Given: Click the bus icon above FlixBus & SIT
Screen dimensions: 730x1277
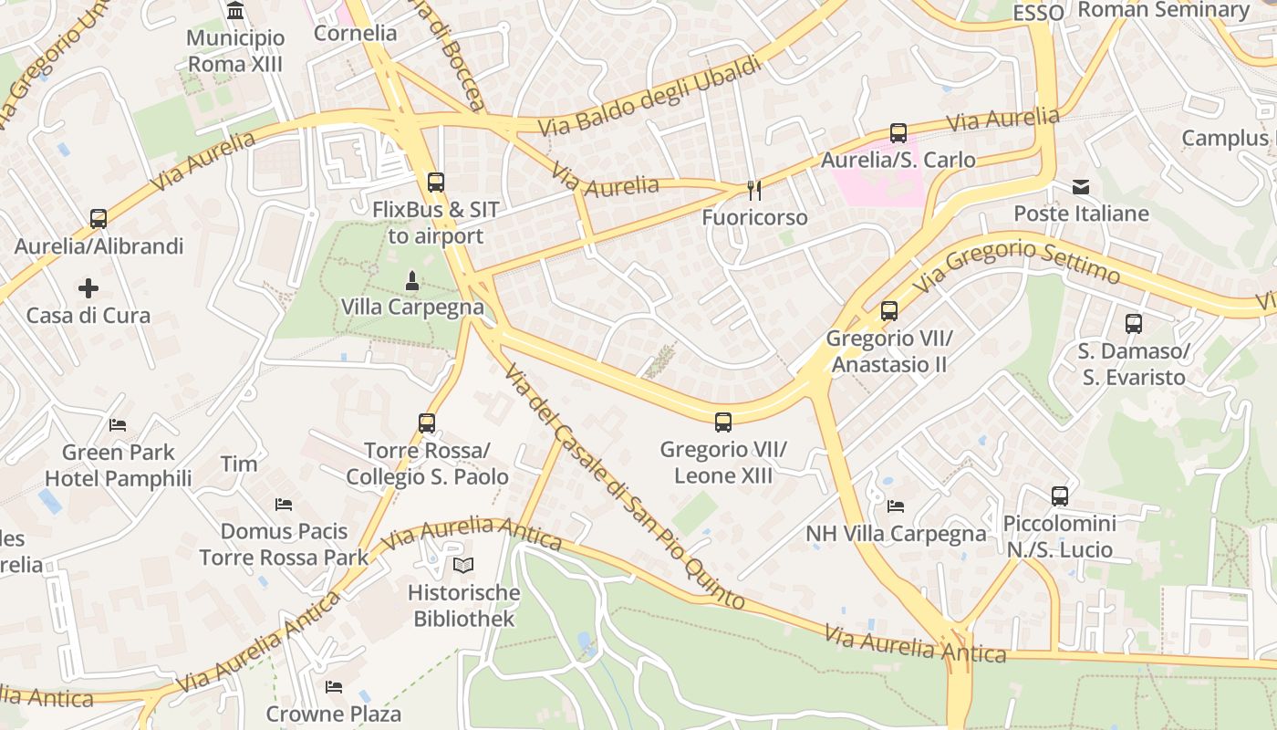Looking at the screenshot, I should point(436,182).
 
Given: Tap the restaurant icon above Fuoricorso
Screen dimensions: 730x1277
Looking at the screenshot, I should point(753,190).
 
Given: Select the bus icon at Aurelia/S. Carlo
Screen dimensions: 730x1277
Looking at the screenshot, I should point(898,132).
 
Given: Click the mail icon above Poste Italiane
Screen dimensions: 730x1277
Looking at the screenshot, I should point(1081,187).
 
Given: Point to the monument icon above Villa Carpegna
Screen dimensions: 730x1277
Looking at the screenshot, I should point(412,280).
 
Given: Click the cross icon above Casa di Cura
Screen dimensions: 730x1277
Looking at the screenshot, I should point(88,289).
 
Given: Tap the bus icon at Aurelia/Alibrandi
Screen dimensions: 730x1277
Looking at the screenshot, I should point(98,219).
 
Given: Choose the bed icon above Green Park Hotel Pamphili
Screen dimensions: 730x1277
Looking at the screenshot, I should point(118,425).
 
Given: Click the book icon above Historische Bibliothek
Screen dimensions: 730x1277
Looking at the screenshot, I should point(463,566).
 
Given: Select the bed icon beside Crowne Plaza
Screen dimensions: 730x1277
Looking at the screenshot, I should point(334,686).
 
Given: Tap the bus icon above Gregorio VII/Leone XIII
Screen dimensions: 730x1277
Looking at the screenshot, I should point(723,422).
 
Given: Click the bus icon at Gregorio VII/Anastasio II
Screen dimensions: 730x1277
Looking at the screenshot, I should point(889,311).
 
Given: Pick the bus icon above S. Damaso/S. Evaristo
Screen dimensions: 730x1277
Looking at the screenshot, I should point(1133,324).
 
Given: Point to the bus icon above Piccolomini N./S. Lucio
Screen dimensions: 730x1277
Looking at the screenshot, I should point(1059,496).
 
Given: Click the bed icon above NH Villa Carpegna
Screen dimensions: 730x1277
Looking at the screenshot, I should point(896,506).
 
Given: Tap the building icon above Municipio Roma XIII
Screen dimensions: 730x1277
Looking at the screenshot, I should point(235,12).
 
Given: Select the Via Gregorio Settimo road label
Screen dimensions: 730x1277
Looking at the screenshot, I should point(1016,262).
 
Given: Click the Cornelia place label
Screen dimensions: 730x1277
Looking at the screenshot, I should point(355,34).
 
